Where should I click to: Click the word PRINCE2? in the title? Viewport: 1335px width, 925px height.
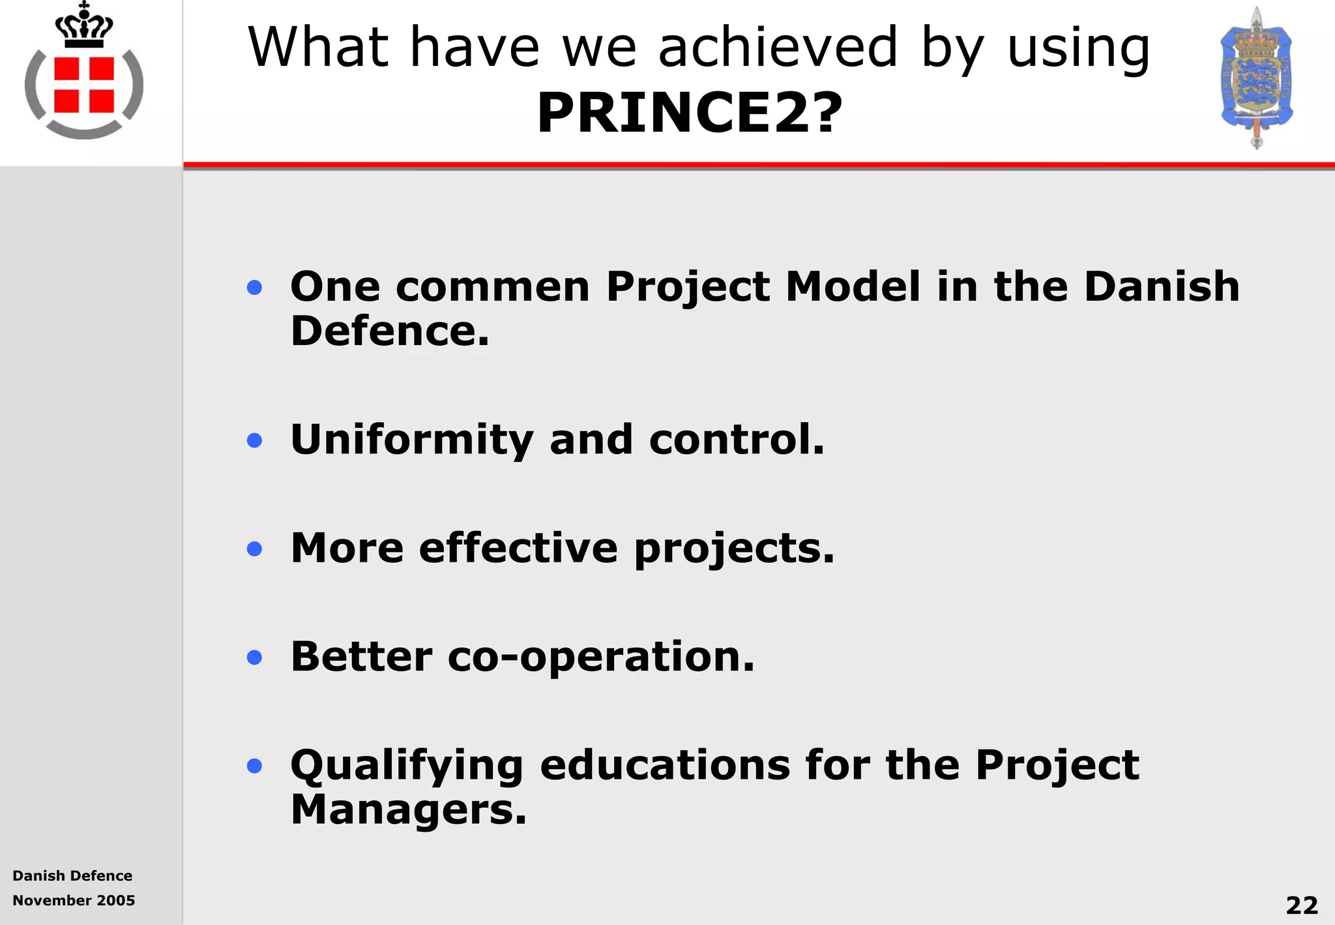pos(689,113)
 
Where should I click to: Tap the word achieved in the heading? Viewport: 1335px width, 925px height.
pos(778,47)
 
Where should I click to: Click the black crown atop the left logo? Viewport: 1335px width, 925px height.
pos(84,26)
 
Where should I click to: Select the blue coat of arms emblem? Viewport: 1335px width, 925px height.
pos(1256,78)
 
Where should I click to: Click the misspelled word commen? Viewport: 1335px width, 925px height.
pos(492,286)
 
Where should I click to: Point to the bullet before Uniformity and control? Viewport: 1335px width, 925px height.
pos(254,440)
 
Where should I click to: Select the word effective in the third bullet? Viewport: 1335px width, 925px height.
pos(518,548)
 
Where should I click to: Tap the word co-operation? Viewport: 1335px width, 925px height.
pos(600,657)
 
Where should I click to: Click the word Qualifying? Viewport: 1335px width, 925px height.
pos(407,765)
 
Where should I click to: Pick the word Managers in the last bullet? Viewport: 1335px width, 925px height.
pos(407,810)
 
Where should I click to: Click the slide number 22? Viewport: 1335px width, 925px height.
pos(1302,905)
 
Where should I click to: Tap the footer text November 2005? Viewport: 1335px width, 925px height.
pos(74,900)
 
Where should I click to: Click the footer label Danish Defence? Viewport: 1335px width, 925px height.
pos(72,875)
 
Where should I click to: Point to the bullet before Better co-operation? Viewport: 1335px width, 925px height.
pos(254,657)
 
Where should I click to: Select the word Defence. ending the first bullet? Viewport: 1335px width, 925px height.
pos(389,331)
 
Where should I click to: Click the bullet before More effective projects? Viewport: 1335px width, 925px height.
pos(254,549)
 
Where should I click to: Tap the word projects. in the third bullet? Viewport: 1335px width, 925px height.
pos(734,549)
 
